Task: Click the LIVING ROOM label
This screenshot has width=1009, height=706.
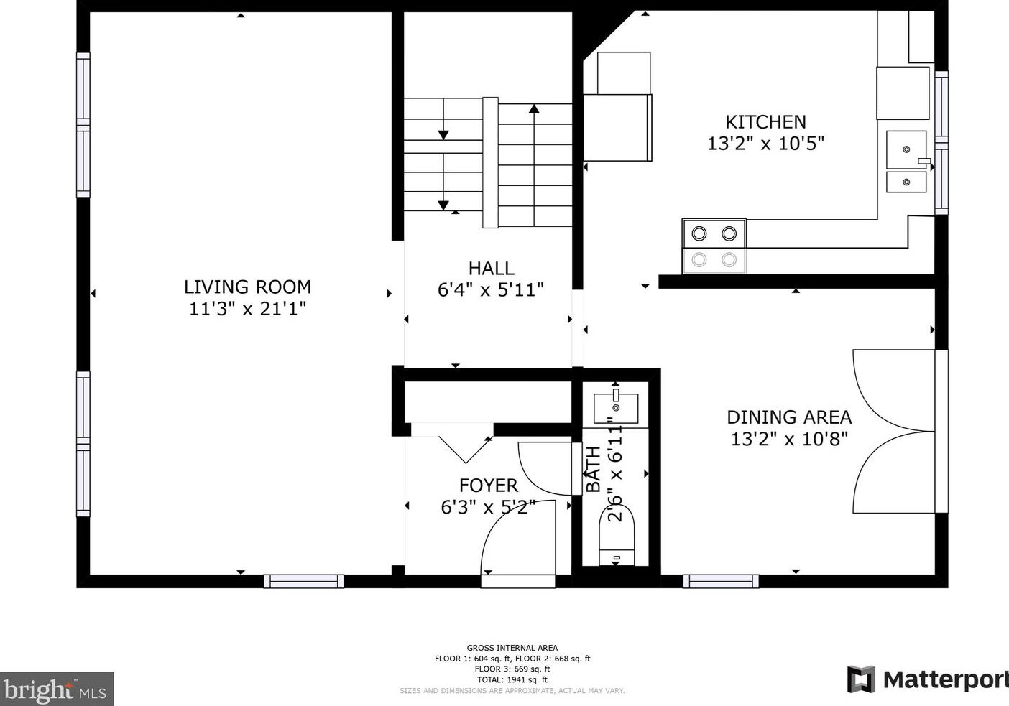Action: (x=247, y=287)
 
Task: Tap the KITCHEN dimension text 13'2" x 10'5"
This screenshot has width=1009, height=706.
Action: (x=766, y=144)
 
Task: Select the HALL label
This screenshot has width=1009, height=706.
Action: (x=491, y=269)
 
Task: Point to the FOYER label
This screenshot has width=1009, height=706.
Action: (x=489, y=486)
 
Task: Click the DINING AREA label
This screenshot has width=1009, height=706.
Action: (x=789, y=417)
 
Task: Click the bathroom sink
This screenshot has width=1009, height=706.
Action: (x=616, y=409)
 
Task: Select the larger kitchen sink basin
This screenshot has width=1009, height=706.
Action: (x=906, y=149)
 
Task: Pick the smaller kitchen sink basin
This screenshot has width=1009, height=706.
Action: (x=906, y=182)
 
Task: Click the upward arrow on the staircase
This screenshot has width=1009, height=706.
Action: (x=534, y=164)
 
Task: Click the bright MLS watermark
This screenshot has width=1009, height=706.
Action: (x=57, y=689)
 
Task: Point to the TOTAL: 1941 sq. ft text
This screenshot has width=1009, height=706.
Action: (x=512, y=680)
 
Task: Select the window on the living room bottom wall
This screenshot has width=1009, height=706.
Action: (x=303, y=581)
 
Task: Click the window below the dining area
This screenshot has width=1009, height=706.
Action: (x=721, y=581)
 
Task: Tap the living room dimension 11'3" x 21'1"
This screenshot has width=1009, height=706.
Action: (x=247, y=309)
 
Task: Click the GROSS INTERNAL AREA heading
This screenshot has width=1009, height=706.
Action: (x=512, y=648)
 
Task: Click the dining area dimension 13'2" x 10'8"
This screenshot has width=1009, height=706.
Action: (x=789, y=439)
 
